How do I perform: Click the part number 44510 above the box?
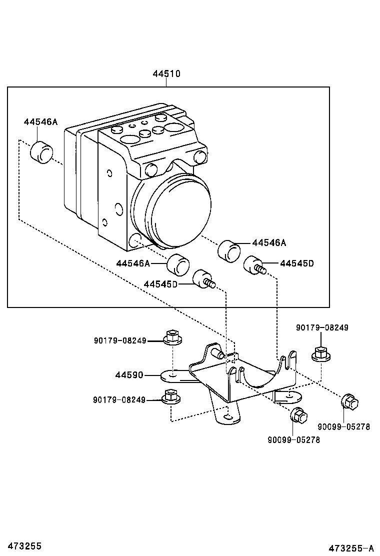point(166,74)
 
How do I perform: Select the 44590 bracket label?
point(129,374)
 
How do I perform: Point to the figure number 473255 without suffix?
point(21,546)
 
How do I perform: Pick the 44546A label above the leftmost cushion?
point(40,122)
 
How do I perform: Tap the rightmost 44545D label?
point(296,263)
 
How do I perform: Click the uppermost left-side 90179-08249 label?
point(120,340)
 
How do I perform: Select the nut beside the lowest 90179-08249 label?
point(171,396)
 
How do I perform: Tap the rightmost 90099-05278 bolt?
point(349,401)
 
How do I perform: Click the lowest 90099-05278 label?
point(293,440)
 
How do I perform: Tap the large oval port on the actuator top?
point(176,126)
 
